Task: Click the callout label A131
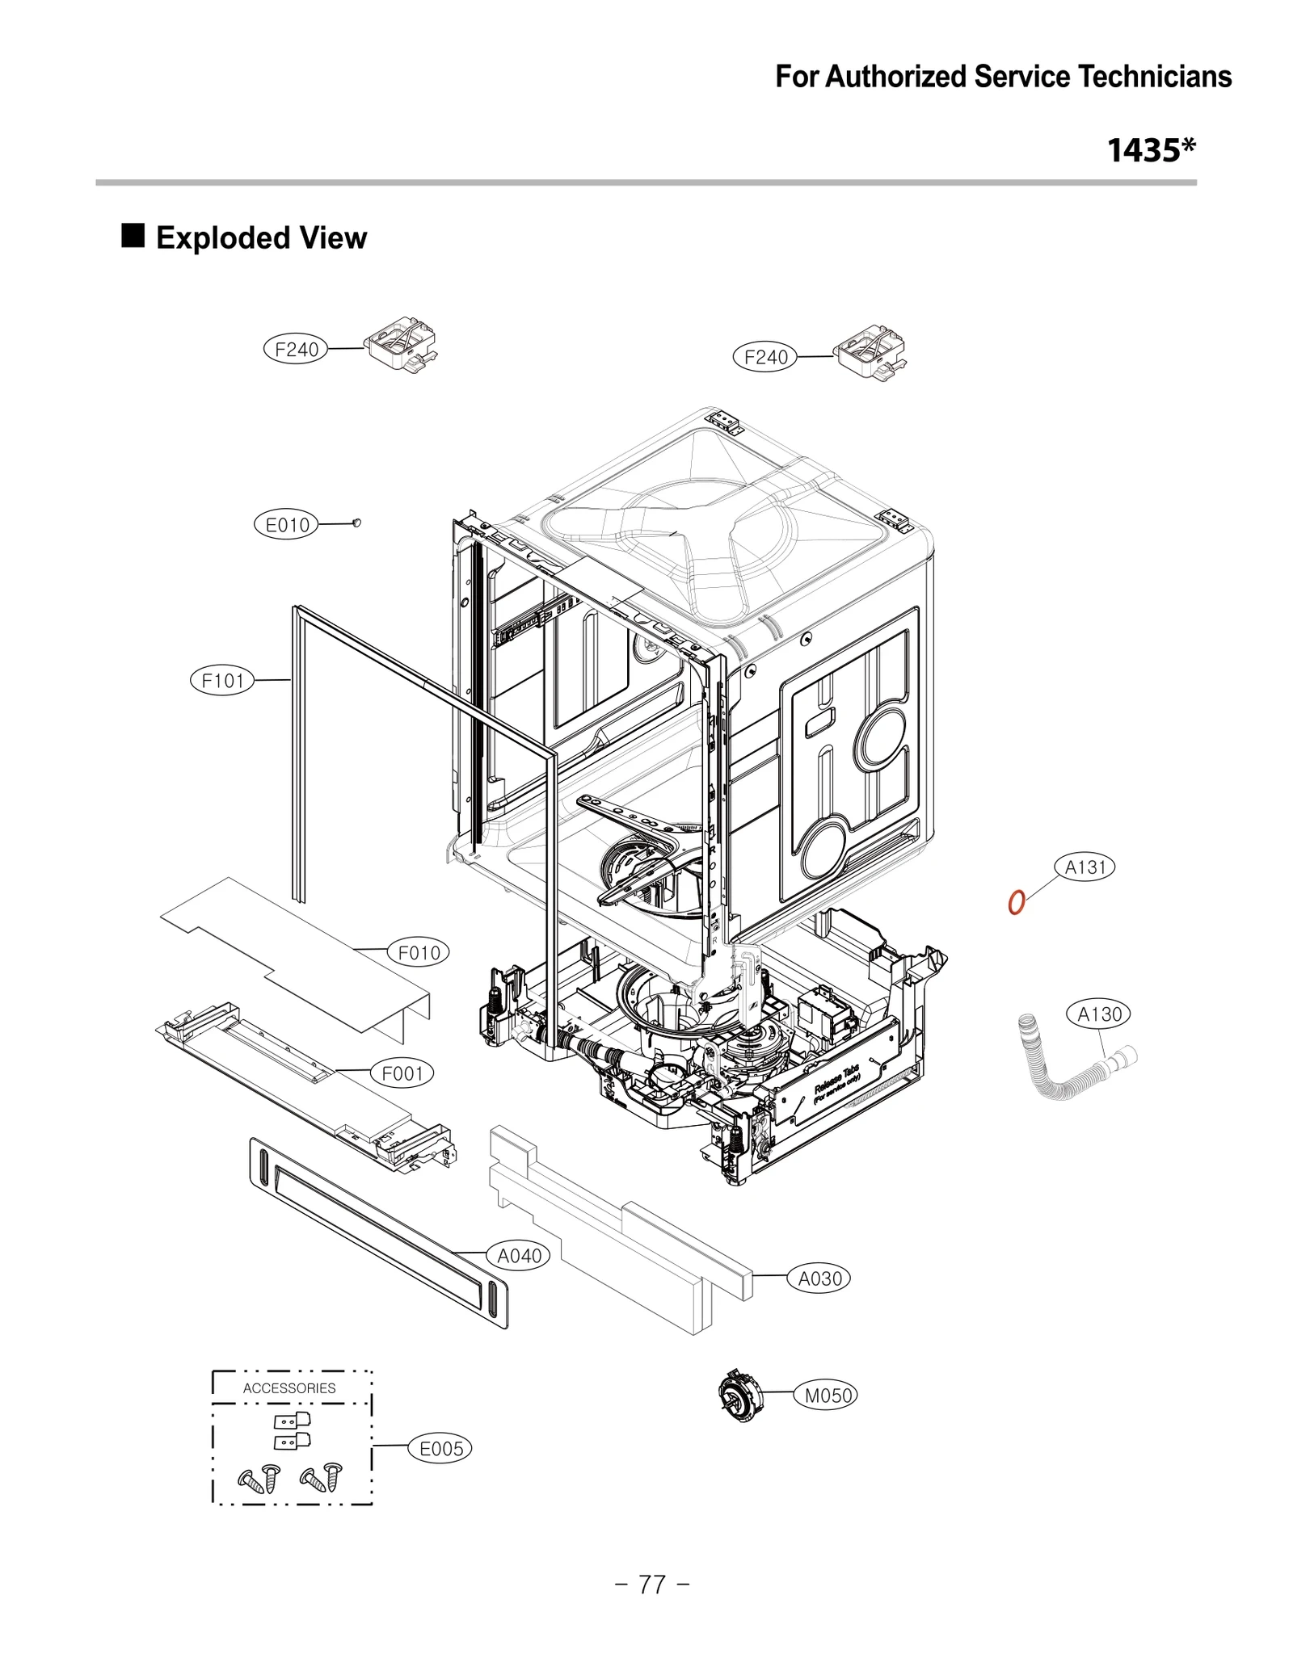click(1085, 867)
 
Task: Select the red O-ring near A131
click(1017, 901)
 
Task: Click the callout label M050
click(828, 1395)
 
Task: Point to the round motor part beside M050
click(740, 1395)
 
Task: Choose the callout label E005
click(441, 1448)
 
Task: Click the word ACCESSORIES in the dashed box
click(289, 1387)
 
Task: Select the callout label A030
click(819, 1278)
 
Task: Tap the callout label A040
click(519, 1256)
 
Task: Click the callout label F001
click(402, 1073)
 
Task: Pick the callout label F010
click(419, 952)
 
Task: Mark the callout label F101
click(222, 680)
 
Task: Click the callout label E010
click(288, 525)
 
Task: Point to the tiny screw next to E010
click(356, 523)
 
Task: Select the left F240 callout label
click(297, 350)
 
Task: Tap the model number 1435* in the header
click(1151, 150)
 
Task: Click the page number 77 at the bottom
click(652, 1585)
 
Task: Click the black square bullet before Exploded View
click(133, 237)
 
